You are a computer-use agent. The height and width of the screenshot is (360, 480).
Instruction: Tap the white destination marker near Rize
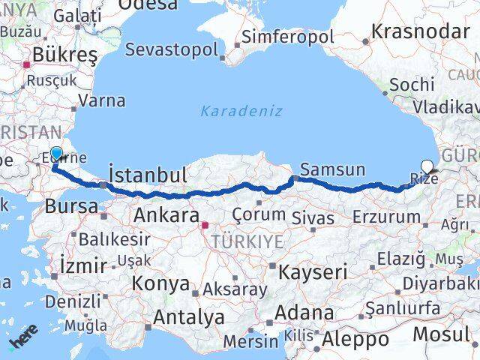[427, 166]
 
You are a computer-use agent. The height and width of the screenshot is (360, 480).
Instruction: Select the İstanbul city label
[148, 175]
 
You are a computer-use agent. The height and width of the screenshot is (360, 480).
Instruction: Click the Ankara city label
[166, 215]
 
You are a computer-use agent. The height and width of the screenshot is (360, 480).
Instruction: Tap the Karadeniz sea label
[241, 111]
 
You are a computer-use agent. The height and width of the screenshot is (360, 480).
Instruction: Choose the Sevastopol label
[172, 49]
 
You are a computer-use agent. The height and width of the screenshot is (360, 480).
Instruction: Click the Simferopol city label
[287, 37]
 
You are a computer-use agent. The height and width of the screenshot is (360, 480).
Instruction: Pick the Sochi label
[412, 84]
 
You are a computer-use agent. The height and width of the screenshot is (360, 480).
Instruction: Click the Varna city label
[102, 100]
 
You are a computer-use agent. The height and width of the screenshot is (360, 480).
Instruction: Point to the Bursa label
[71, 206]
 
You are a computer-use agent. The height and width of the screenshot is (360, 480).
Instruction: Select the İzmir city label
[82, 265]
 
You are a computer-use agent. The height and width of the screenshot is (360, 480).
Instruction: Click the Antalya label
[189, 317]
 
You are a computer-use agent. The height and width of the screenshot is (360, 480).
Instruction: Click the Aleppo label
[355, 340]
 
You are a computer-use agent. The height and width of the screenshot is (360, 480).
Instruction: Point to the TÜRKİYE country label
[247, 241]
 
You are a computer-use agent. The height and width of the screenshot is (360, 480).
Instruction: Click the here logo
[23, 341]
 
